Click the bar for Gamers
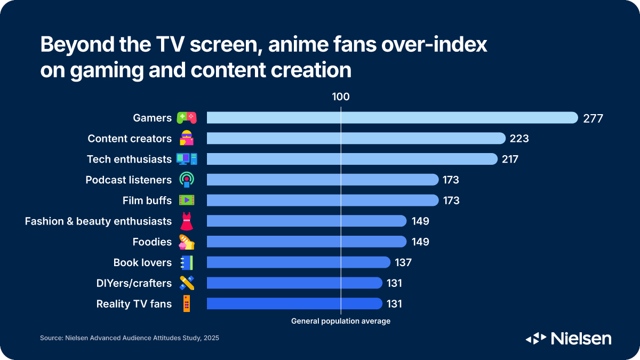392,118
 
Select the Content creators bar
356,139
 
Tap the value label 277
593,118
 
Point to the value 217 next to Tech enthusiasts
509,159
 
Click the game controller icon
187,118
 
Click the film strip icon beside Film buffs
187,201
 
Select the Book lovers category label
142,262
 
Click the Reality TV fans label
134,304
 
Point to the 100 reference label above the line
340,97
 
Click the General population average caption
340,321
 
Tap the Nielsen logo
569,338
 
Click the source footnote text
130,338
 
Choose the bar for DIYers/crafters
294,283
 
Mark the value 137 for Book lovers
403,262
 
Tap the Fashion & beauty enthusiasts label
98,221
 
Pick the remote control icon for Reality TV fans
187,303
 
